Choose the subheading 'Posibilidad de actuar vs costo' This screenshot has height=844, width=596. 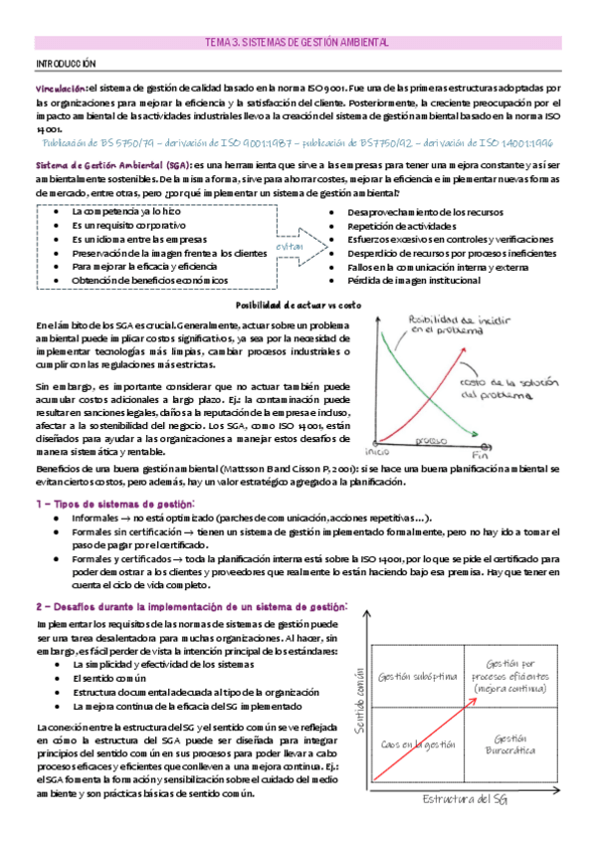click(x=297, y=305)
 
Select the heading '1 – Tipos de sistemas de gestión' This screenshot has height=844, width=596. click(x=115, y=505)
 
